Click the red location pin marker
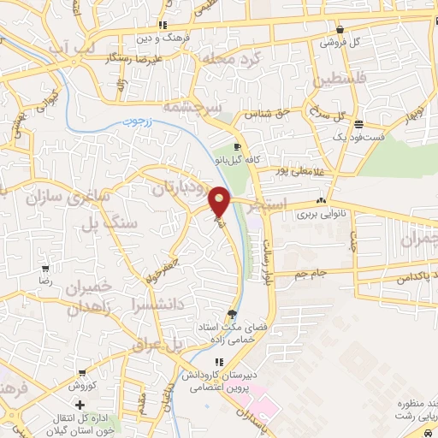[x=220, y=200]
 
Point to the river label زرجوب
[x=157, y=122]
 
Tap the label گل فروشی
[x=340, y=41]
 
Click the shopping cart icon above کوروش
[x=80, y=373]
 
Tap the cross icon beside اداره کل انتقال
[x=80, y=404]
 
